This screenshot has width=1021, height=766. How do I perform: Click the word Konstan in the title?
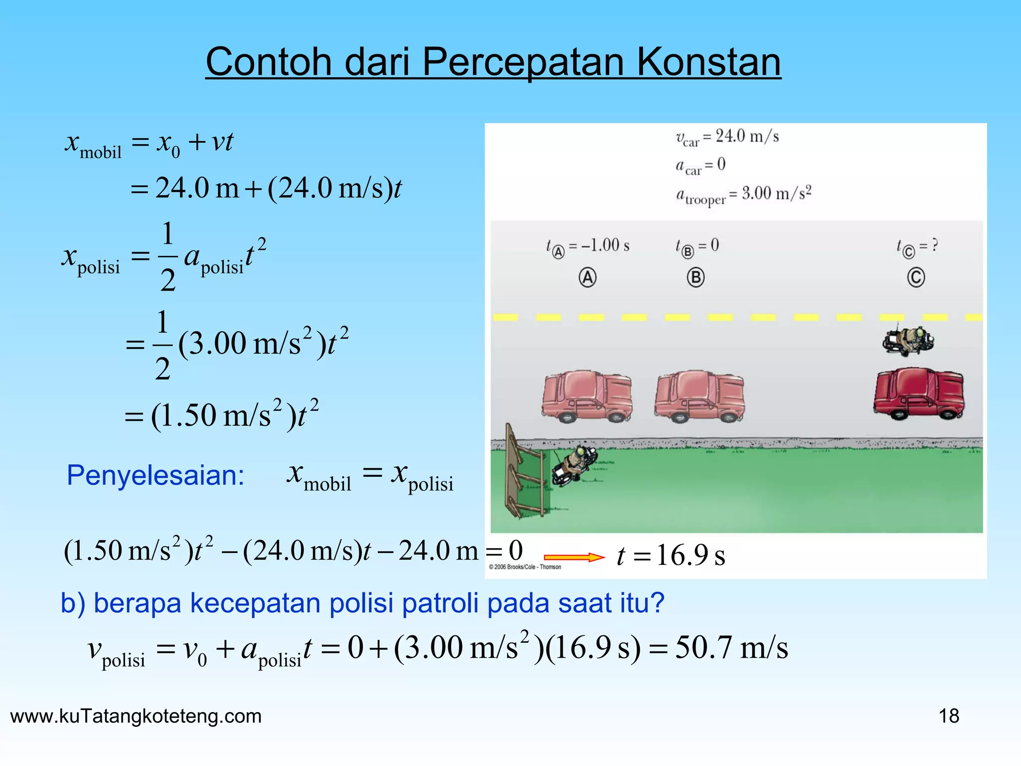708,62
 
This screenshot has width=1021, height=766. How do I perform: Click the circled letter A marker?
587,277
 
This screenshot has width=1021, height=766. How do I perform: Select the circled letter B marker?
695,277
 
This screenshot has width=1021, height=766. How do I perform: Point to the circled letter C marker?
916,277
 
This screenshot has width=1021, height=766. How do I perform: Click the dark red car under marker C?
918,394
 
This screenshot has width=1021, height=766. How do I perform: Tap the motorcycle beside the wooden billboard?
573,463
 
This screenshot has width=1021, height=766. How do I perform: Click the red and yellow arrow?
574,557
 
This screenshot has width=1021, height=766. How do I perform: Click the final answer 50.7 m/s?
731,648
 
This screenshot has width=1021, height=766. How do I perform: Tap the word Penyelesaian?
156,475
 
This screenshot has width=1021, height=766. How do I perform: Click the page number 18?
949,716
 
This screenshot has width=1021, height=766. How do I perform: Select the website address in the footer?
136,716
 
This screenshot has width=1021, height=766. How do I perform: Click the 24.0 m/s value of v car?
747,136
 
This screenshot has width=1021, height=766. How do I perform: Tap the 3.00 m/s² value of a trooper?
776,192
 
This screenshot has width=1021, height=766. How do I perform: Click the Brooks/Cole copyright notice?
525,567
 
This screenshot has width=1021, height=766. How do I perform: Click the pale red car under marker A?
587,396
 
